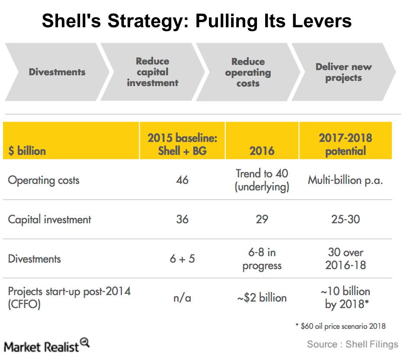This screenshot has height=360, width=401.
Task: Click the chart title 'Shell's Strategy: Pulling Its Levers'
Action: pyautogui.click(x=196, y=21)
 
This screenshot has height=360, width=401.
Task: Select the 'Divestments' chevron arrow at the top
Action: pyautogui.click(x=57, y=72)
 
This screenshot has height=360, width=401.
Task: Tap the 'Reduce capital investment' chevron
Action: pyautogui.click(x=153, y=72)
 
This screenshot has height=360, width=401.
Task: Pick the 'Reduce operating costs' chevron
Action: pyautogui.click(x=248, y=72)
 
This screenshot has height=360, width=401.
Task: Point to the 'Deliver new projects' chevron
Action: pyautogui.click(x=343, y=72)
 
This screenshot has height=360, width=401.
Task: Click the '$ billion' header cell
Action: pyautogui.click(x=27, y=151)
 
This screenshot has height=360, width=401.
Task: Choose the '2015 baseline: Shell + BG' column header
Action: pyautogui.click(x=182, y=144)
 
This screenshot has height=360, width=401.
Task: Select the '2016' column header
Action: pyautogui.click(x=262, y=151)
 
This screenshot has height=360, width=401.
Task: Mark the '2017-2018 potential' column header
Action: pyautogui.click(x=345, y=144)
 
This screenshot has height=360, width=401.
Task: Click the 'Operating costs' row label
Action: pyautogui.click(x=44, y=180)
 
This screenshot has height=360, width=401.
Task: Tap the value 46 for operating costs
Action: pyautogui.click(x=182, y=180)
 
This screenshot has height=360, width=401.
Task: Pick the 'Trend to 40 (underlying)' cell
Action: pyautogui.click(x=262, y=180)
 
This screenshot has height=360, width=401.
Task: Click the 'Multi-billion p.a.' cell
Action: pyautogui.click(x=345, y=180)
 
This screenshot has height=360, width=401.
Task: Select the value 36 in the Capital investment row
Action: pyautogui.click(x=182, y=219)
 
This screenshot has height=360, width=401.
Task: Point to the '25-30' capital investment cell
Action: pyautogui.click(x=345, y=219)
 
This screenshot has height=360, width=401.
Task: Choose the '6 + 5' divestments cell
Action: pyautogui.click(x=182, y=259)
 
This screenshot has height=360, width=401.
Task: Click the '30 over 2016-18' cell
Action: pyautogui.click(x=345, y=258)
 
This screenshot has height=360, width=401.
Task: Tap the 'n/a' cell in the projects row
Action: pyautogui.click(x=182, y=298)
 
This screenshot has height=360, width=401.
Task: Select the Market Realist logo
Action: pyautogui.click(x=47, y=346)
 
